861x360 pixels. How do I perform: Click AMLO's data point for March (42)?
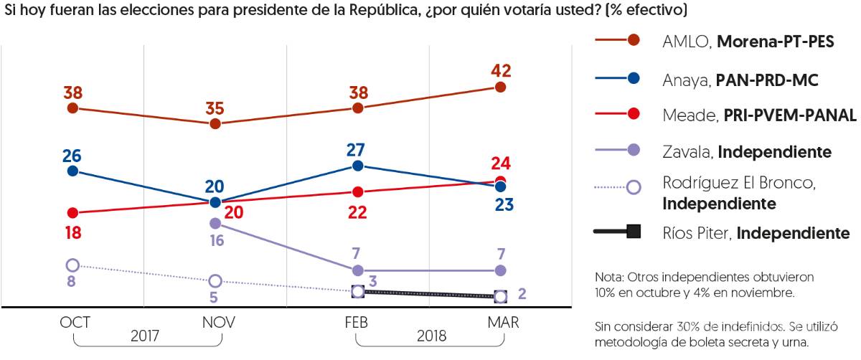pos(500,87)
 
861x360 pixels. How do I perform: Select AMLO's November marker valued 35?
pos(215,123)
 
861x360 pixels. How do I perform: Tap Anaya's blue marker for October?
pos(72,171)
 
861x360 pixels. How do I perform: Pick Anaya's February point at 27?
pos(357,166)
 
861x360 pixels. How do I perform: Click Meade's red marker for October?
pos(72,213)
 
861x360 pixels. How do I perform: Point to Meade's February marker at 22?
pos(357,191)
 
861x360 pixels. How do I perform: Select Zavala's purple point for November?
pos(215,224)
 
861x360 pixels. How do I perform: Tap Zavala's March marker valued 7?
pos(500,270)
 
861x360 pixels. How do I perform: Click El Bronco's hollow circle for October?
pos(72,265)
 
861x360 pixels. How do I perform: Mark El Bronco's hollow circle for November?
pos(215,280)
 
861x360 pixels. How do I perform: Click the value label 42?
pos(500,70)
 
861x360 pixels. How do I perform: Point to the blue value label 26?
pos(72,155)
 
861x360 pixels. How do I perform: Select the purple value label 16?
pos(217,241)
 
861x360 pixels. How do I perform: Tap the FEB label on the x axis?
pos(357,323)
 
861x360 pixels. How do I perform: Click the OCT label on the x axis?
pos(75,323)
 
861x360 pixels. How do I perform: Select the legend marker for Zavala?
pos(633,152)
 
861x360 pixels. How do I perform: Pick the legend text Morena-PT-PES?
pos(775,42)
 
